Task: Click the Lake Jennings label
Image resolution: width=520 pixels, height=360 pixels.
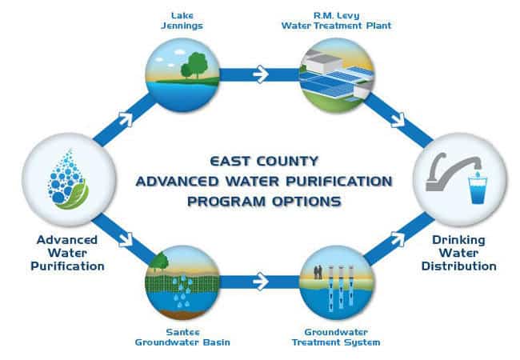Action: tap(182, 21)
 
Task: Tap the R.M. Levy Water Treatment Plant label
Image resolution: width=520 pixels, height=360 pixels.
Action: tap(336, 21)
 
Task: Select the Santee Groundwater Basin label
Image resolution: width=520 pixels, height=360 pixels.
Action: tap(182, 337)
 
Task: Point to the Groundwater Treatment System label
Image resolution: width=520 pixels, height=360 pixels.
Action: tap(336, 337)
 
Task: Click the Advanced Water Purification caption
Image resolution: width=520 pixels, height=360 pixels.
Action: tap(67, 253)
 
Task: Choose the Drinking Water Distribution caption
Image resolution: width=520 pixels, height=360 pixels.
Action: tap(458, 253)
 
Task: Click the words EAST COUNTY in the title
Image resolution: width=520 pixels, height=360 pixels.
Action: tap(264, 162)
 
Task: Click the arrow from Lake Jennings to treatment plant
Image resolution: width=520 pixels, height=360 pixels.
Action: tap(261, 74)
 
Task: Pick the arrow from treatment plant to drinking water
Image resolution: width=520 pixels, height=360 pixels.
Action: tap(398, 120)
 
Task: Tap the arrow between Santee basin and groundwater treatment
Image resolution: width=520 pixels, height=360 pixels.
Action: tap(261, 282)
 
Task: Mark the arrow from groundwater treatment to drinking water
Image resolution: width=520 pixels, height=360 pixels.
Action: tap(398, 238)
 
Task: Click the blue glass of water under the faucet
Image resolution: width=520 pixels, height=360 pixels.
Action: tap(478, 190)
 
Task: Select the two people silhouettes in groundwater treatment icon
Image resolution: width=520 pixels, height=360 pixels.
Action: tap(318, 272)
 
